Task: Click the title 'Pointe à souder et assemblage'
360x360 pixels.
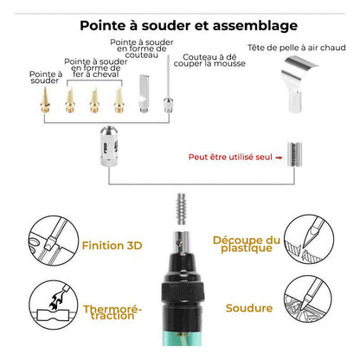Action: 179,25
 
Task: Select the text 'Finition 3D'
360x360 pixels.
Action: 112,245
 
